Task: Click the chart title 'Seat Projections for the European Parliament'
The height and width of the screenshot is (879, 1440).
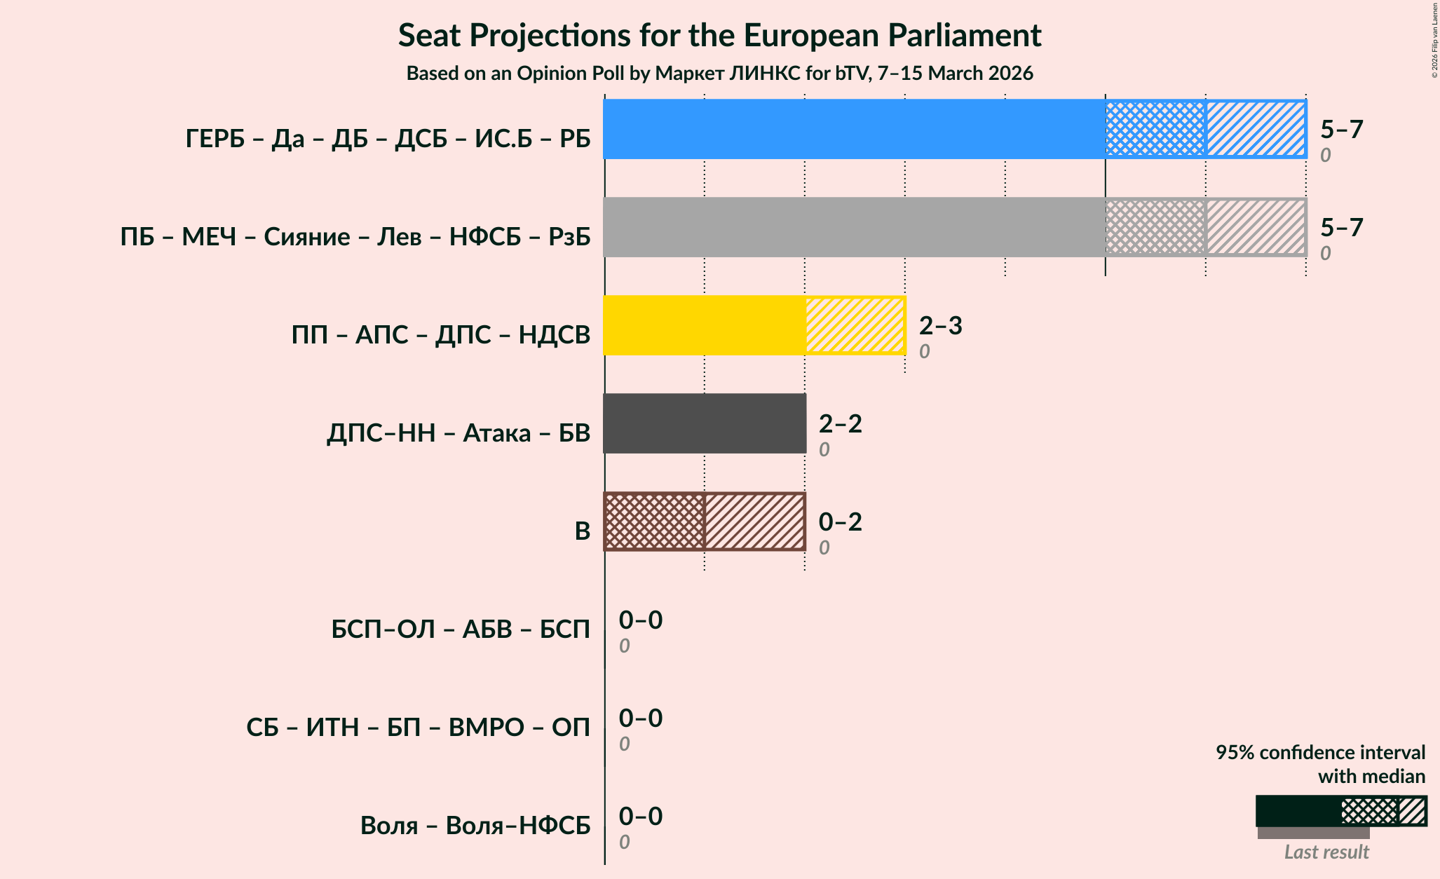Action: click(719, 35)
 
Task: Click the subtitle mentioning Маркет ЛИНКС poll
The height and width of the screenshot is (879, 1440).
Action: click(719, 74)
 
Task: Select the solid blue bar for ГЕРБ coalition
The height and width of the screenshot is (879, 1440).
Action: click(854, 129)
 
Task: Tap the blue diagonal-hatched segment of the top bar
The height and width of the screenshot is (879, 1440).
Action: click(1256, 129)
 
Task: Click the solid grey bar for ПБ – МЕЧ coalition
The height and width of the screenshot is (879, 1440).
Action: click(854, 227)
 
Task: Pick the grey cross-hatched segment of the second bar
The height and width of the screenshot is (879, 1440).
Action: click(1155, 227)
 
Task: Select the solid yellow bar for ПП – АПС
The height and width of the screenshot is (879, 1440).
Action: click(704, 325)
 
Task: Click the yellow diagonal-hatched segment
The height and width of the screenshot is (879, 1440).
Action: click(855, 325)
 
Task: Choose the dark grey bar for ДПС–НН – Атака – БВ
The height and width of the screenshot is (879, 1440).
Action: click(704, 423)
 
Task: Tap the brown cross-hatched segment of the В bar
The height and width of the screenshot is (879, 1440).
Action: click(654, 522)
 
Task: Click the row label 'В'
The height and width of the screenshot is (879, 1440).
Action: click(582, 531)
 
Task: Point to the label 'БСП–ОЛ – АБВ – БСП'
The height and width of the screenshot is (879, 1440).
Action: click(461, 629)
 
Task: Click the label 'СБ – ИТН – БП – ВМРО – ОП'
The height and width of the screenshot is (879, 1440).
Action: click(418, 728)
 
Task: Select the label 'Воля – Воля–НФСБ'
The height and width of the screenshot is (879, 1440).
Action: click(475, 826)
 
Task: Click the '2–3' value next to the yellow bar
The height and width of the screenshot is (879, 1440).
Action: click(940, 325)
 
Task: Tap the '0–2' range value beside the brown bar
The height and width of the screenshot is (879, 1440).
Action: click(840, 522)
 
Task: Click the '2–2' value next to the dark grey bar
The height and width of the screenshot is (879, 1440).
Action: click(840, 423)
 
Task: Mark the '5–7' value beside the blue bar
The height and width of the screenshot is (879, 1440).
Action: click(1341, 129)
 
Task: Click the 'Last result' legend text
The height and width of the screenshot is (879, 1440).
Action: click(1326, 852)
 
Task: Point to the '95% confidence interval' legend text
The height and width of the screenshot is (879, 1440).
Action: click(1319, 753)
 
